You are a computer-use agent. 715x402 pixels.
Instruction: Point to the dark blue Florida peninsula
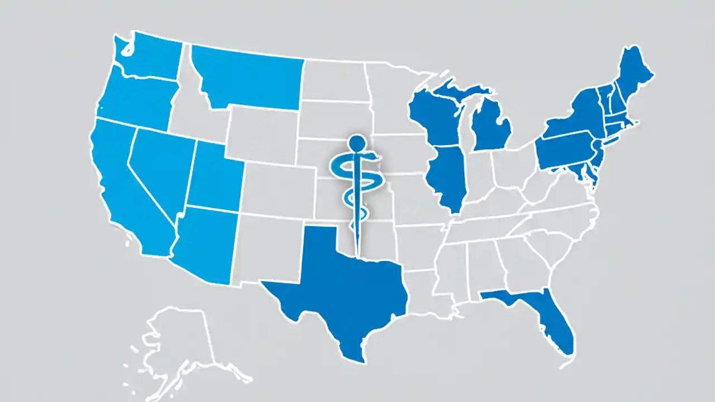[550, 318]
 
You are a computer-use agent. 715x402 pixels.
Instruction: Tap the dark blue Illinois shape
[447, 179]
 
